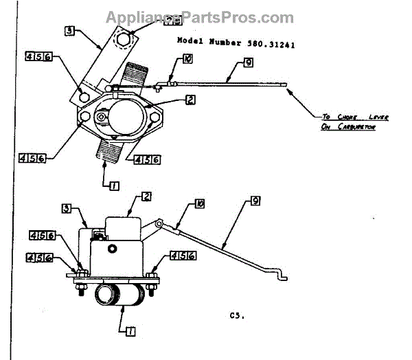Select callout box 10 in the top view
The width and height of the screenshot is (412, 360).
click(188, 60)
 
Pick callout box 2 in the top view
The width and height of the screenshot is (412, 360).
click(190, 100)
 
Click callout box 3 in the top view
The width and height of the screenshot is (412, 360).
click(70, 30)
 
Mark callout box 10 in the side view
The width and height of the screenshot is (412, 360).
click(199, 205)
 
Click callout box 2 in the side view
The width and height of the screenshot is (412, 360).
click(146, 196)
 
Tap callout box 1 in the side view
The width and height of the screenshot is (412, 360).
click(130, 330)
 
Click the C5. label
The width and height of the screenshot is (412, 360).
click(237, 317)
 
